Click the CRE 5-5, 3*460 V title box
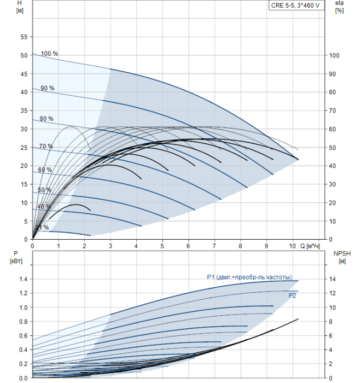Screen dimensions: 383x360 tap(295, 5)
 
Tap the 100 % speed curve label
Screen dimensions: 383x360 tap(49, 54)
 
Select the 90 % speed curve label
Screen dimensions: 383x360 tap(47, 88)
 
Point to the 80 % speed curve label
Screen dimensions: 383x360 tap(46, 119)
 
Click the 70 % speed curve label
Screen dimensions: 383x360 tap(45, 146)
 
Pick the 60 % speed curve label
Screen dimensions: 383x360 tap(45, 170)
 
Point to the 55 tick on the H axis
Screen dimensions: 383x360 tap(24, 37)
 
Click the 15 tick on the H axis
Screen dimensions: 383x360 tap(24, 184)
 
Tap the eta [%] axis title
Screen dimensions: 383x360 tap(339, 8)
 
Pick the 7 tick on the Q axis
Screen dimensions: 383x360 tap(214, 246)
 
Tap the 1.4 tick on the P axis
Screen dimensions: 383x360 tap(22, 279)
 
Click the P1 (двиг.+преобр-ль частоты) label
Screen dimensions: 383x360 tap(249, 277)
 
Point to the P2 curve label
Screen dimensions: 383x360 tap(293, 295)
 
